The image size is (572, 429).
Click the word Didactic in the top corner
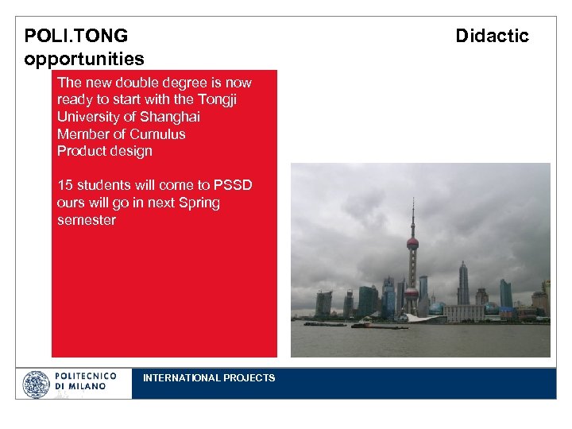(x=492, y=36)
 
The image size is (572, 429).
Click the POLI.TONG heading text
(x=75, y=36)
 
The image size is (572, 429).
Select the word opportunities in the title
(x=84, y=59)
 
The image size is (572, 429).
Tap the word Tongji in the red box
(x=216, y=99)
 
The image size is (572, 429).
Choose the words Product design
(x=104, y=151)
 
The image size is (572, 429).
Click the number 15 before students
(x=65, y=185)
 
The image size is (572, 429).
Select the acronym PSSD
(x=233, y=185)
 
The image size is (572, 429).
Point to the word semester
(x=87, y=220)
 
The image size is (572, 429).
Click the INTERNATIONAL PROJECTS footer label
(x=209, y=378)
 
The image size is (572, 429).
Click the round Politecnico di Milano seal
(x=37, y=385)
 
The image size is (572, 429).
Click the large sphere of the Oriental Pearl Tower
(x=412, y=243)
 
